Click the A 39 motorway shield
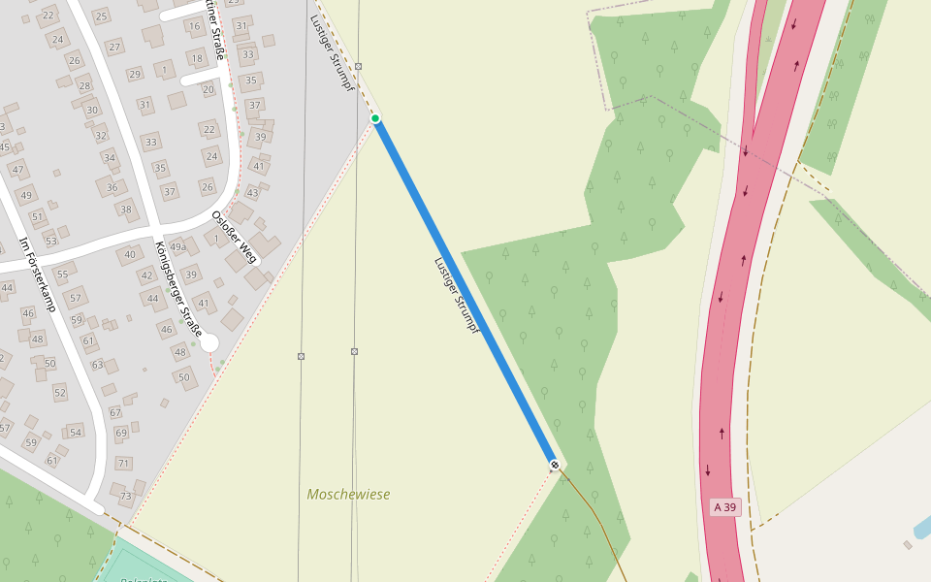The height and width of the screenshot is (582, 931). [x=724, y=507]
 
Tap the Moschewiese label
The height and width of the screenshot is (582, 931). [x=348, y=495]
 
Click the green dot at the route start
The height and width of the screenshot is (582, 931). [x=375, y=118]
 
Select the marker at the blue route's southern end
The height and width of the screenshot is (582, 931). [x=555, y=466]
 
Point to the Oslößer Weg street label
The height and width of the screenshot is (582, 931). [x=235, y=237]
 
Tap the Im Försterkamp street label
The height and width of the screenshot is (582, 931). [x=38, y=275]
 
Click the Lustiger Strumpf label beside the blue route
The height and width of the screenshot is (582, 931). [x=457, y=295]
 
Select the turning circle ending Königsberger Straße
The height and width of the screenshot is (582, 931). [x=209, y=342]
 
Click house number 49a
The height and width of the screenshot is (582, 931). [x=178, y=247]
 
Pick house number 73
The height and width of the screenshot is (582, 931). [x=125, y=497]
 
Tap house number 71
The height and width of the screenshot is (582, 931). [x=123, y=464]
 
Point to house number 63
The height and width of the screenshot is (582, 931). [x=97, y=365]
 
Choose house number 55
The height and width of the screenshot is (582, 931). [x=62, y=275]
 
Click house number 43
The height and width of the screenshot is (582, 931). [x=252, y=192]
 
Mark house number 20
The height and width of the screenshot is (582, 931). [x=208, y=89]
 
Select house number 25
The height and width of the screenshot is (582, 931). [x=101, y=16]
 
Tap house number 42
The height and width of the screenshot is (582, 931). [x=146, y=275]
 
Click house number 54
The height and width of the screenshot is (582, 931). [x=75, y=432]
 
